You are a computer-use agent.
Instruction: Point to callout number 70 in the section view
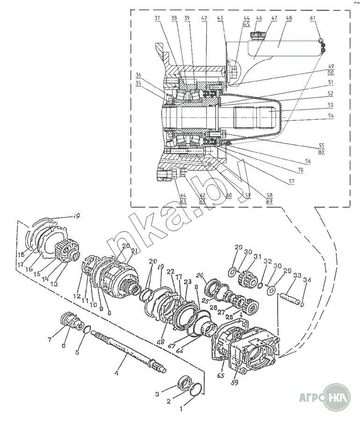click(x=301, y=170)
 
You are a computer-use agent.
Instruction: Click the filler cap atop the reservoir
click(x=257, y=35)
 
